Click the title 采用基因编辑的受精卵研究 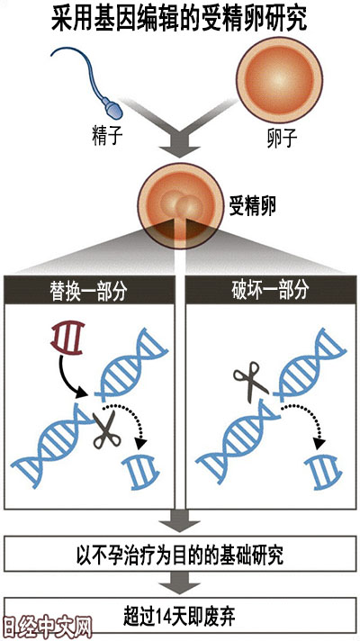click(x=179, y=19)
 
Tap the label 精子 click(x=107, y=136)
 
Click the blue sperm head click(x=113, y=107)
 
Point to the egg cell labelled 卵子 click(x=280, y=80)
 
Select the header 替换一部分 click(x=90, y=292)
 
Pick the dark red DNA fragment click(x=67, y=338)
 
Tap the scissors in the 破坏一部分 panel click(x=250, y=379)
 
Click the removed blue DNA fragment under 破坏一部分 click(x=323, y=472)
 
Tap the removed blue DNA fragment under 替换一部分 click(x=141, y=472)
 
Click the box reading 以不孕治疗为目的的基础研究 click(x=180, y=555)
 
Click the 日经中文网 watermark click(x=46, y=627)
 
